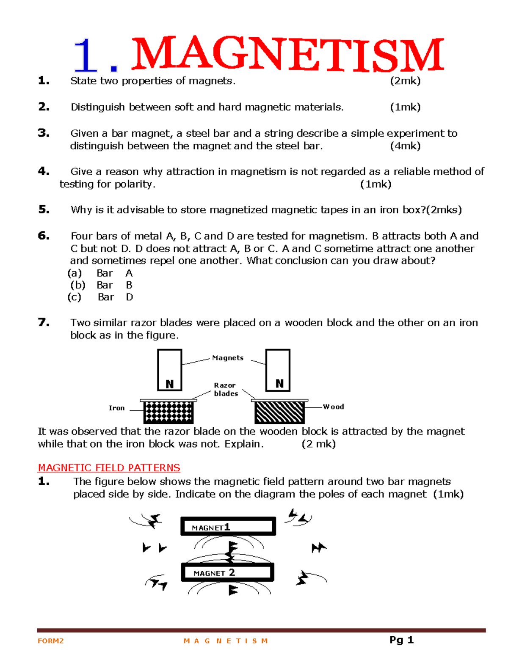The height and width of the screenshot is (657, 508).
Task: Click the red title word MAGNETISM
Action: tap(288, 55)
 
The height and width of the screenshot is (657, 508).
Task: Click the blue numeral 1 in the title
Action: tap(86, 56)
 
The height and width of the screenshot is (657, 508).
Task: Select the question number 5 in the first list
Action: tap(44, 209)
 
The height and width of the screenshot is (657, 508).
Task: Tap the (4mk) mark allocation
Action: tap(405, 146)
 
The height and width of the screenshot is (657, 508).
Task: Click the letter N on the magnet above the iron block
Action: tap(170, 384)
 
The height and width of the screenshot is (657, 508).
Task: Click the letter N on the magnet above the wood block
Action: tap(279, 384)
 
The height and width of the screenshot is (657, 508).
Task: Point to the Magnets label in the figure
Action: tap(228, 358)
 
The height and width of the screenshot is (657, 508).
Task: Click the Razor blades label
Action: tap(226, 389)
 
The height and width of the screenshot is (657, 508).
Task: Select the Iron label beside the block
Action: tap(117, 408)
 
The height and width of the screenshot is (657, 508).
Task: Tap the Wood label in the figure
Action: tap(334, 407)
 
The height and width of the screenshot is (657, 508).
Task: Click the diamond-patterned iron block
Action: tap(168, 412)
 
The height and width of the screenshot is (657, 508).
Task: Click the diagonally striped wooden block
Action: tap(279, 412)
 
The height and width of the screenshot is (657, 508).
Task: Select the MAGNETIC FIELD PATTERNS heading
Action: tap(109, 468)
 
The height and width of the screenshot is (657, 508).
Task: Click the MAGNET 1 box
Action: tap(228, 527)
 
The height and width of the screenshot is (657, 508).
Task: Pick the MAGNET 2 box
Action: tap(228, 573)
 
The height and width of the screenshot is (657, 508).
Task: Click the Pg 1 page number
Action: tap(401, 640)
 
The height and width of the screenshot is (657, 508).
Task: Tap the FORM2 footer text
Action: tap(51, 641)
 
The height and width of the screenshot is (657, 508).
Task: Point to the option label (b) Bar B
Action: tap(102, 285)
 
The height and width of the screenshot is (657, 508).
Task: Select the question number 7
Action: tap(44, 322)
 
